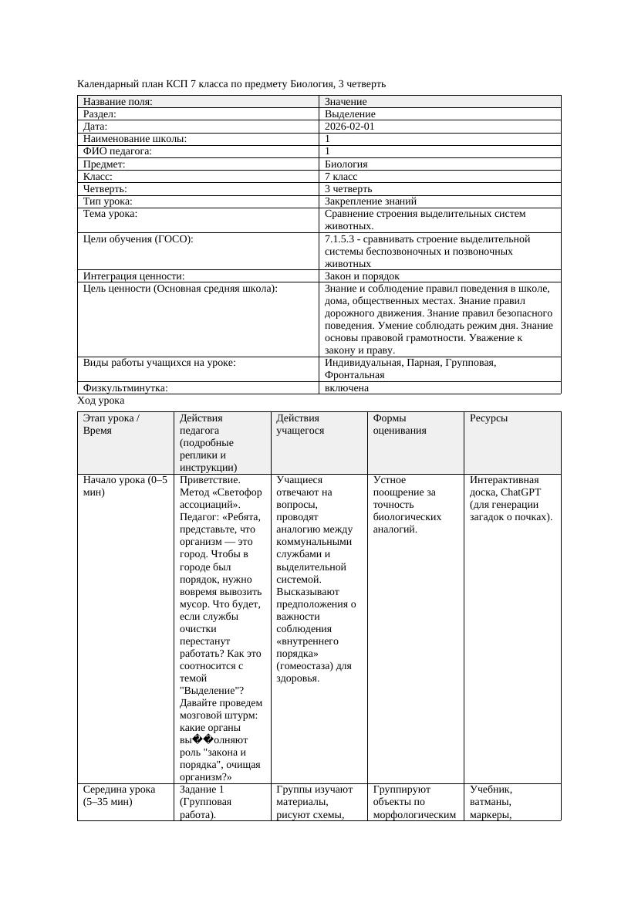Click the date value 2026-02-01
[349, 126]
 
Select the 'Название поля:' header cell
[118, 101]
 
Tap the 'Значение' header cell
[346, 101]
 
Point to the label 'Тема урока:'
[110, 214]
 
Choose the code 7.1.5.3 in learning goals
[343, 239]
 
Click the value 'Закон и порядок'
[362, 276]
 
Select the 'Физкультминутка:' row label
[126, 388]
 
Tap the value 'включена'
[346, 388]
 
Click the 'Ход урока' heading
[101, 401]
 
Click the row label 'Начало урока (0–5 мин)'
[124, 485]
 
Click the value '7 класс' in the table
[341, 176]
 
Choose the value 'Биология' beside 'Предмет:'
[346, 164]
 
